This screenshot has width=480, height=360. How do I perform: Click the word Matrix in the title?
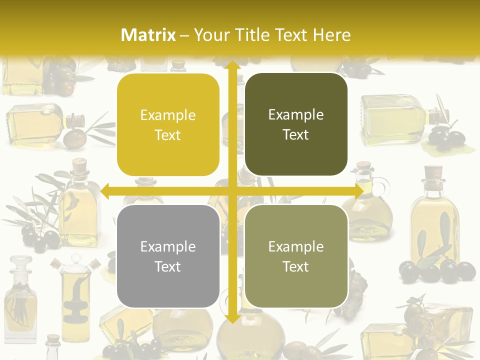[x=148, y=35]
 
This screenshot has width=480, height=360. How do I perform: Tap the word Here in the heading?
[x=332, y=35]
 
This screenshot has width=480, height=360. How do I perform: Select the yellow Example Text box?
[x=168, y=125]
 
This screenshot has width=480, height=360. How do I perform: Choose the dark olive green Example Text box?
[x=296, y=124]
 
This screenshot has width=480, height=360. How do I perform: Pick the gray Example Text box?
[x=168, y=256]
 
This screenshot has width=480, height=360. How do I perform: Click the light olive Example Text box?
[x=296, y=256]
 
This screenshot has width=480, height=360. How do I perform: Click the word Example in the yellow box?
[x=168, y=115]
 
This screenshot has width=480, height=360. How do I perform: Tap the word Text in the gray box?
[x=168, y=266]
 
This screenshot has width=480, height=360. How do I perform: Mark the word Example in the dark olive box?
[x=296, y=115]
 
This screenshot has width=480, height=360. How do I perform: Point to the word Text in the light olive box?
[x=296, y=266]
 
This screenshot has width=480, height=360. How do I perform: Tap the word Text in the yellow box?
[x=168, y=135]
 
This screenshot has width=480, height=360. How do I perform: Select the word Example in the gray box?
[x=168, y=246]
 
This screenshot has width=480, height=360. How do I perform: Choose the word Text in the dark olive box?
[x=296, y=134]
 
